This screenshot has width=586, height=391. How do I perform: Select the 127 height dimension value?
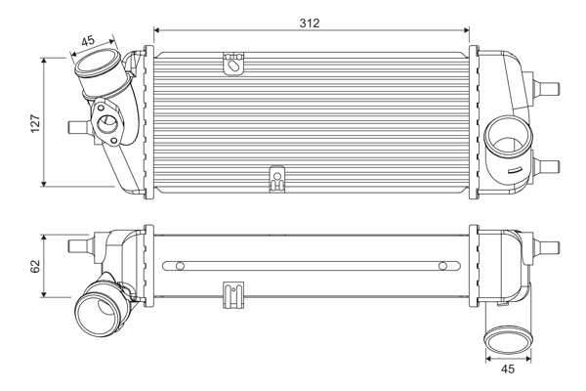(x=34, y=122)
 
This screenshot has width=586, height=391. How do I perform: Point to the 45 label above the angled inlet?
(x=88, y=40)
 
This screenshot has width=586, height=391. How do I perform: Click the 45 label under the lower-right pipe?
(x=508, y=369)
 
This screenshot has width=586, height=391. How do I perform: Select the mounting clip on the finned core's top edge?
(x=233, y=65)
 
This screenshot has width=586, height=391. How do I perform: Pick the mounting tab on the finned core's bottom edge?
(x=276, y=179)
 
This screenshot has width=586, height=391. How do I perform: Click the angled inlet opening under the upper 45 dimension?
(x=97, y=73)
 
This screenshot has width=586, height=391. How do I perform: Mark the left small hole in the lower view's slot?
(x=181, y=265)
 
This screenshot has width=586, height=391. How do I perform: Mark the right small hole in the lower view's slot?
(x=442, y=265)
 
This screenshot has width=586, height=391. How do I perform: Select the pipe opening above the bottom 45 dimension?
(x=507, y=339)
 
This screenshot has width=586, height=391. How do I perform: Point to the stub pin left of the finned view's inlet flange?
(x=74, y=125)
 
